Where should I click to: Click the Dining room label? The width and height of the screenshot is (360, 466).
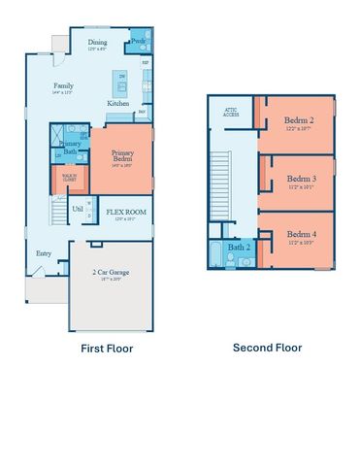point(98,43)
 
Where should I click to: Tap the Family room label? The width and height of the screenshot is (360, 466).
point(63,86)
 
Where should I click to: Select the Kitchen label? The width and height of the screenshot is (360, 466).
point(118,103)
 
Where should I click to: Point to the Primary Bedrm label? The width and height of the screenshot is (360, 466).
point(122,154)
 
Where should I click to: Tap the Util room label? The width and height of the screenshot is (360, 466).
point(78,208)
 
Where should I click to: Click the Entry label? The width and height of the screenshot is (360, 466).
point(45,253)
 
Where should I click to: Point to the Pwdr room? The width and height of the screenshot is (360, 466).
point(139,43)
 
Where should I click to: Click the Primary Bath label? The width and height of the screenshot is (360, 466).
point(70,148)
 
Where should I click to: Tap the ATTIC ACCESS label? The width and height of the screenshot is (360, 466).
point(231,112)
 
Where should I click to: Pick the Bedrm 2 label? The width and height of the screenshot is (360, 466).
point(297,121)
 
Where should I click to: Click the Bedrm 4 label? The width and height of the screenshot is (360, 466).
point(300,234)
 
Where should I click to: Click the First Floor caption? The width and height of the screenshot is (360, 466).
point(106,348)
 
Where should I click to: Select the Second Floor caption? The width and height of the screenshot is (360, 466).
point(267,348)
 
